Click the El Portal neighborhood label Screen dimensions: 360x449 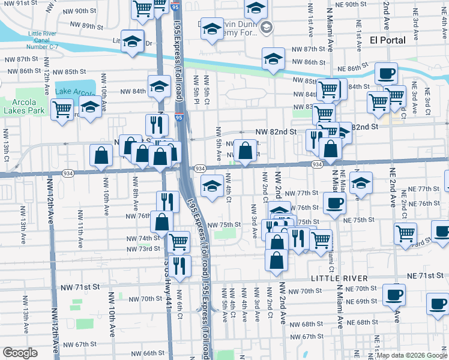click(388, 40)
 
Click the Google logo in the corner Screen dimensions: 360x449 click(20, 352)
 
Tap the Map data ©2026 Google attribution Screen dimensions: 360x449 click(412, 355)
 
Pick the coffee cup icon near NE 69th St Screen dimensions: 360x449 click(394, 295)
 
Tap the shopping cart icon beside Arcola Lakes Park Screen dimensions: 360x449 click(62, 110)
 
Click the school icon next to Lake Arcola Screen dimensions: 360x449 click(90, 108)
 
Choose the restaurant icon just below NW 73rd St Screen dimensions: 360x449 click(179, 264)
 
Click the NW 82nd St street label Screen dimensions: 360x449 click(276, 131)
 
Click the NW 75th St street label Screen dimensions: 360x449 click(224, 224)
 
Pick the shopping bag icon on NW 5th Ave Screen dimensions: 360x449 click(245, 151)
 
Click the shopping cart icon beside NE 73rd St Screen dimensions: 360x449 click(406, 233)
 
